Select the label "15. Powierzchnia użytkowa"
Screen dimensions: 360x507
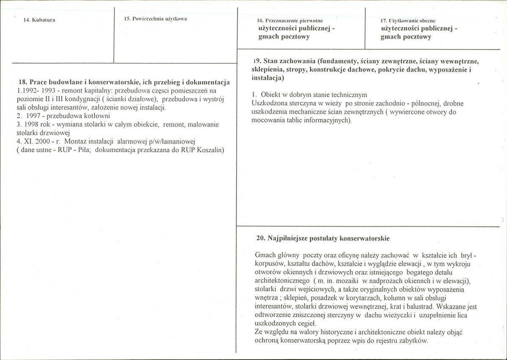156,19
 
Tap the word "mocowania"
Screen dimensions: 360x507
266,120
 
